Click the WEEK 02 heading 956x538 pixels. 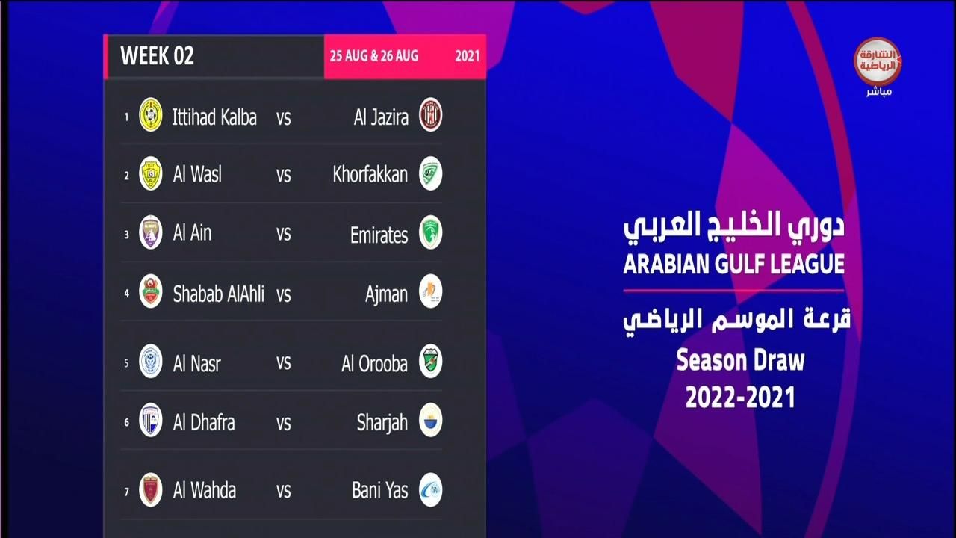point(157,55)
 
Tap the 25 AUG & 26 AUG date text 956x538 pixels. point(374,56)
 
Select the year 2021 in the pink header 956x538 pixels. point(468,56)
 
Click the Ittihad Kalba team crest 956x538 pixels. point(151,115)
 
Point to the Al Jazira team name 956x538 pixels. point(381,117)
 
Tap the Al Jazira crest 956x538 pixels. point(430,115)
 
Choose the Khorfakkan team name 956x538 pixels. point(370,174)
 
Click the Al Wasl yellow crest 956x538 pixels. point(151,173)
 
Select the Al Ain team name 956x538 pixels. point(192,232)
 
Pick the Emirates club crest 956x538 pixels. point(430,232)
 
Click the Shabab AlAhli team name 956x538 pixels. point(219,294)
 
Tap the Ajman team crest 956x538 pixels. point(430,291)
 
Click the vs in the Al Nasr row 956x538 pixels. point(283,363)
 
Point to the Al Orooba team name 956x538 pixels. point(374,364)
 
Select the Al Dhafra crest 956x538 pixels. point(151,420)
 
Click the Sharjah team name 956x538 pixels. point(382,423)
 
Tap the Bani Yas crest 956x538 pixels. point(430,489)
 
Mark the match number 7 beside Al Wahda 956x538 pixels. point(127,492)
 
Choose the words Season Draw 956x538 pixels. point(740,361)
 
